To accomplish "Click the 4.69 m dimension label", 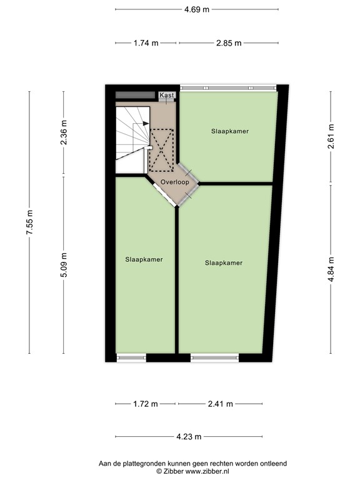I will pyautogui.click(x=196, y=9).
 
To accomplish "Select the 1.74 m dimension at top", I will pyautogui.click(x=146, y=43).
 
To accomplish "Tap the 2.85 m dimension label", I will pyautogui.click(x=228, y=43).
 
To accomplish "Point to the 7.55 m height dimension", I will pyautogui.click(x=29, y=222).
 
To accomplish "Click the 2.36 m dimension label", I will pyautogui.click(x=63, y=133).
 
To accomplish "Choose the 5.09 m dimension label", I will pyautogui.click(x=63, y=265).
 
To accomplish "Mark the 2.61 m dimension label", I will pyautogui.click(x=331, y=134).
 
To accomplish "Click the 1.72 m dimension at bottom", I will pyautogui.click(x=146, y=404).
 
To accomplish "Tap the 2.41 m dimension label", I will pyautogui.click(x=219, y=404).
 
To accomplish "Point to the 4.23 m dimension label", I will pyautogui.click(x=196, y=437).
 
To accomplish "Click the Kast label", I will pyautogui.click(x=166, y=95).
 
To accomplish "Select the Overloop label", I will pyautogui.click(x=174, y=181).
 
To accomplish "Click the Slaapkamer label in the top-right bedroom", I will pyautogui.click(x=229, y=131).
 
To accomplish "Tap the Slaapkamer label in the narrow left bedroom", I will pyautogui.click(x=144, y=259).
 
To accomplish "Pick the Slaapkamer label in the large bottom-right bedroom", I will pyautogui.click(x=223, y=262).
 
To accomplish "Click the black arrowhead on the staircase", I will pyautogui.click(x=146, y=124).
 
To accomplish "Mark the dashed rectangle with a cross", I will pyautogui.click(x=162, y=149).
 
